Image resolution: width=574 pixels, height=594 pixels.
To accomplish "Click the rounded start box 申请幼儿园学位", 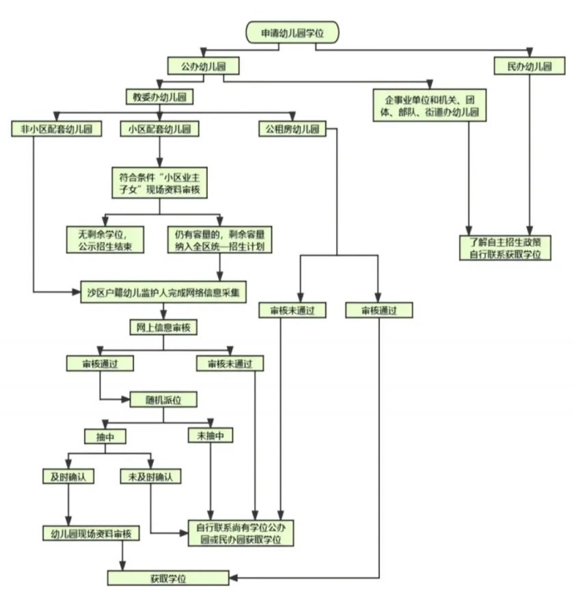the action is pos(292,33).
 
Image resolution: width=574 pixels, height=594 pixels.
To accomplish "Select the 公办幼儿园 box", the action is pos(204,66).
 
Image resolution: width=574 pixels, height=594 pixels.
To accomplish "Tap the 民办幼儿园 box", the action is pos(530,66).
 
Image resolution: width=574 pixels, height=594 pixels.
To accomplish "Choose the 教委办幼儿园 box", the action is pos(159,97).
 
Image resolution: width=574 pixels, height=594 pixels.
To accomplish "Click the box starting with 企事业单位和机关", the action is pos(429,106).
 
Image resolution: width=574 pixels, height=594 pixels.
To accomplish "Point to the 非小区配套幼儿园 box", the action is pos(57,129).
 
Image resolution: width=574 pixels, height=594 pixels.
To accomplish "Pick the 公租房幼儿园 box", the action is pos(292,129).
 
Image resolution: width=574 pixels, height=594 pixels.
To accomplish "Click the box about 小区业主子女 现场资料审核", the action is pos(159,183).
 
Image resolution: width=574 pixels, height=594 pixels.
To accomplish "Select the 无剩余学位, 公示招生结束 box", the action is pos(105,240).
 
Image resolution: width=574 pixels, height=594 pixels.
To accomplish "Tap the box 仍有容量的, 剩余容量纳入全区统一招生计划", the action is pos(219,240).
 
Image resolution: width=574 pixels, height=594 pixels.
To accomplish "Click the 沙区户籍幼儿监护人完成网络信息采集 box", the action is pos(163,292).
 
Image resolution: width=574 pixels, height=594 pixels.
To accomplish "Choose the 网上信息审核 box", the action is pos(163,327).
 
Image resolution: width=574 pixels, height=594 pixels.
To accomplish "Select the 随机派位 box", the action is pos(163,400).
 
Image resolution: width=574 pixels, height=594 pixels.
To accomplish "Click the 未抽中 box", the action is pos(210,435).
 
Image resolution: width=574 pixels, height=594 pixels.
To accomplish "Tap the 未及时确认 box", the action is pos(151,476).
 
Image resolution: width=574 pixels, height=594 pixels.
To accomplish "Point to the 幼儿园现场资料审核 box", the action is pos(91,533).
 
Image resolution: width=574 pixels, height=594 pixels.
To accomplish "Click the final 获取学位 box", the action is pos(168,578).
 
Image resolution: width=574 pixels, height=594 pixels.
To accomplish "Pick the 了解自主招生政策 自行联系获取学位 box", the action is pos(505,248).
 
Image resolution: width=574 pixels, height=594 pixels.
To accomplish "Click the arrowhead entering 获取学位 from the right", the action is pos(233,578).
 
